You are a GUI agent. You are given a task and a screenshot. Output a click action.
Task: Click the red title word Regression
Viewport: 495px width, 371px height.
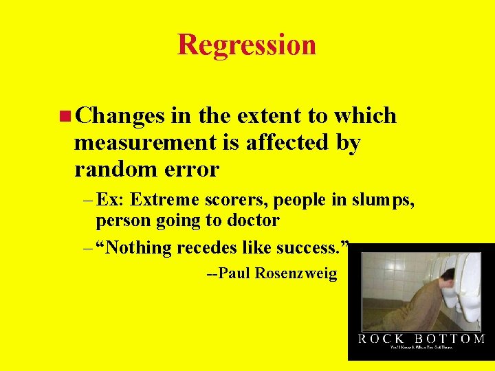coord(247,45)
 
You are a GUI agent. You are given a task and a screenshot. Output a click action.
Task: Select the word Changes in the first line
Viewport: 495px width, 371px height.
coord(120,116)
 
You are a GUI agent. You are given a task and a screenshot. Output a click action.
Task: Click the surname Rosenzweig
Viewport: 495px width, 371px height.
coord(296,273)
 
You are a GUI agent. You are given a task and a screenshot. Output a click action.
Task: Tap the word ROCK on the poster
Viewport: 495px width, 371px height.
coord(382,339)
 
